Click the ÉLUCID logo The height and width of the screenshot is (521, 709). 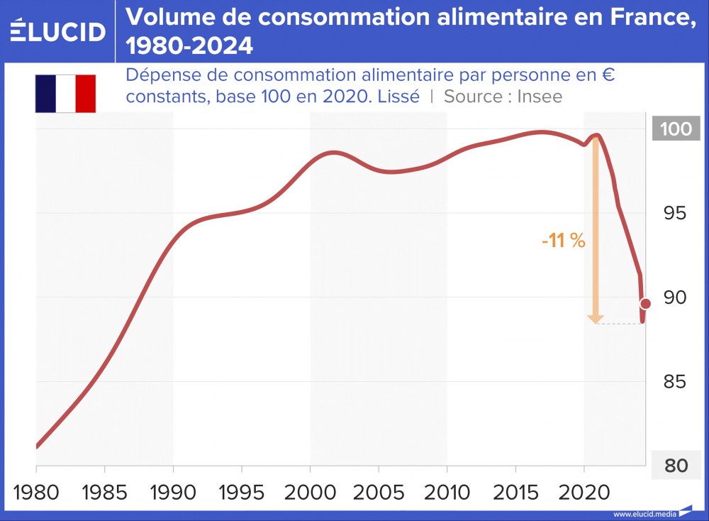tap(58, 31)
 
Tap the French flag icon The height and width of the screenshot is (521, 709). tap(65, 94)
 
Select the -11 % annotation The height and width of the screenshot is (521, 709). tap(563, 241)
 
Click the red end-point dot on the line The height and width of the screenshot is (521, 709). tap(645, 304)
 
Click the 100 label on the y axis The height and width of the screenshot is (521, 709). tap(675, 129)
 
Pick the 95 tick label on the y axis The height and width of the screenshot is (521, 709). tap(675, 213)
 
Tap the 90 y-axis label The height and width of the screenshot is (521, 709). tap(675, 297)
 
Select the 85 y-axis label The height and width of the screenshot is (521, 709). tap(675, 382)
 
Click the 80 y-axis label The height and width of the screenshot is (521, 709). tap(675, 466)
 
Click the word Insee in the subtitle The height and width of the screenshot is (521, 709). tap(540, 97)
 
